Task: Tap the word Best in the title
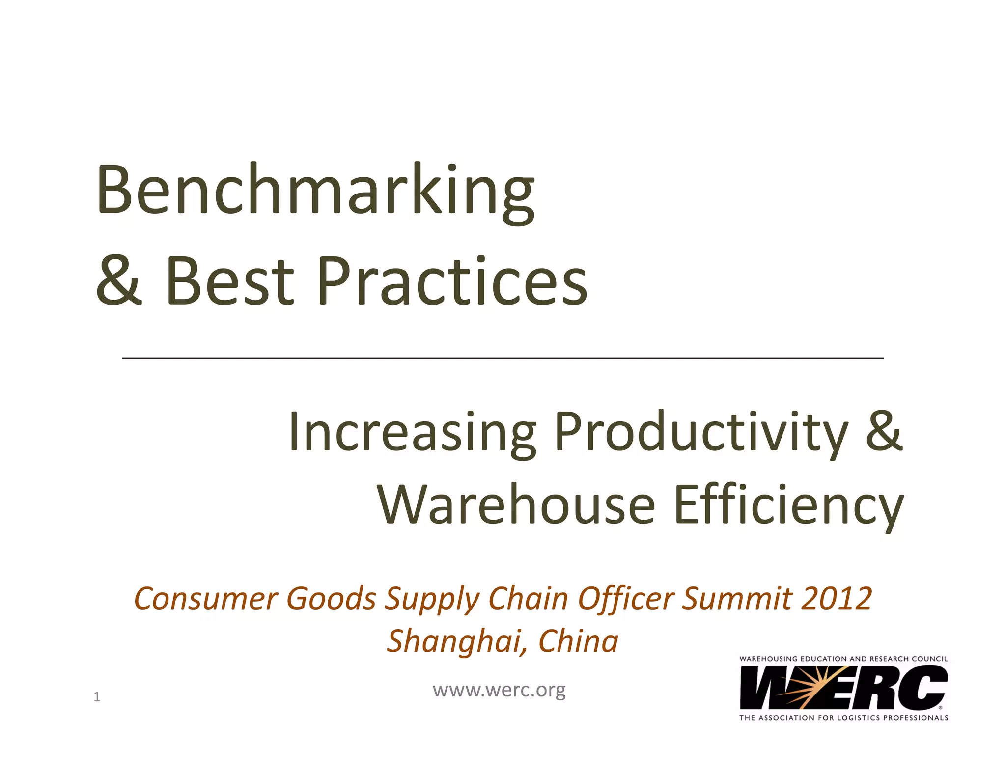[x=229, y=280]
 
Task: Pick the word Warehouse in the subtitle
[x=516, y=505]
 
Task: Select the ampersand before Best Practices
[x=119, y=280]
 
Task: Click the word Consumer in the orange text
[x=206, y=599]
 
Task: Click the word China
[x=578, y=641]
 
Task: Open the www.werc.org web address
[x=499, y=690]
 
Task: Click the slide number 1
[x=97, y=696]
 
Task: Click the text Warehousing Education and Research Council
[x=843, y=659]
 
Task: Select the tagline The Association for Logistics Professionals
[x=843, y=718]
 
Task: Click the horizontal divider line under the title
[x=503, y=358]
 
